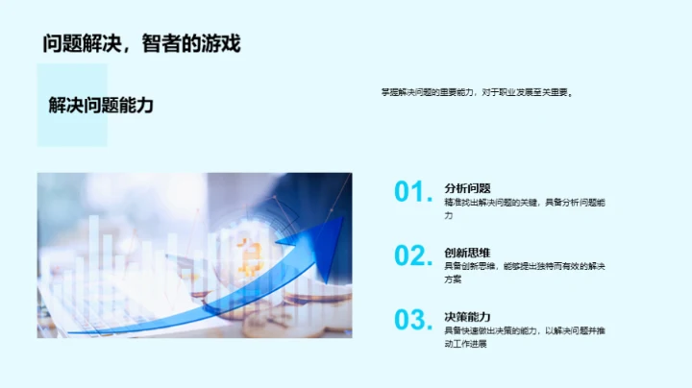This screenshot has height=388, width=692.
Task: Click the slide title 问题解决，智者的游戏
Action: [x=141, y=43]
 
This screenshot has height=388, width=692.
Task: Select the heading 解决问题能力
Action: [x=101, y=105]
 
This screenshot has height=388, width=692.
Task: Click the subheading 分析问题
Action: [x=467, y=188]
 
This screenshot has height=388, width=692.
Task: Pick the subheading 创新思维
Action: [x=467, y=253]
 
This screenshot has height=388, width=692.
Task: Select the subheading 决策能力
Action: [x=467, y=316]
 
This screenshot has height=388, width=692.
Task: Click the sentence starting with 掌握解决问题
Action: [x=477, y=93]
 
